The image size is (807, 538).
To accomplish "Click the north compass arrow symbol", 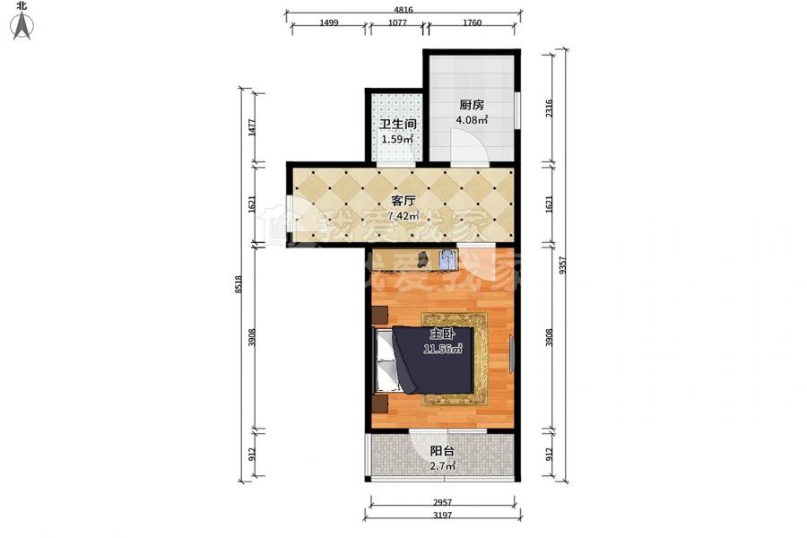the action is (22, 26).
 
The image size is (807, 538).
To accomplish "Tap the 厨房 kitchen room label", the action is (471, 105).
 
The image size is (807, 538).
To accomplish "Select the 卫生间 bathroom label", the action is (398, 124).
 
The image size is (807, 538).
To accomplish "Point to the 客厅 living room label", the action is (403, 201).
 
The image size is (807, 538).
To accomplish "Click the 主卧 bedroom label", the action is (442, 334).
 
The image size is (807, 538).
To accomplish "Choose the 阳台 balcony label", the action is (442, 451).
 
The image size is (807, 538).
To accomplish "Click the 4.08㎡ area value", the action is (472, 120).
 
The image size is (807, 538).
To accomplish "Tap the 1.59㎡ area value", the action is (397, 139).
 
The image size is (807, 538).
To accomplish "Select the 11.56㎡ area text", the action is (443, 349).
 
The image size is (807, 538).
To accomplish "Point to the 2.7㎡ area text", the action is (443, 466).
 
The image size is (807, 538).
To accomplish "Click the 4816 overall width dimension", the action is (403, 10).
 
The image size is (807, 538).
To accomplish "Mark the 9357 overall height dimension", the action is (562, 265).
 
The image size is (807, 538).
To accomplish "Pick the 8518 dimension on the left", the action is (238, 285).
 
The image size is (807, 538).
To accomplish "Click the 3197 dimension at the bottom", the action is (443, 516).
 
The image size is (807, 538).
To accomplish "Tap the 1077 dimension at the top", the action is (397, 22).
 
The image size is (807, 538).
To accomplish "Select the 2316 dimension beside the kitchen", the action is (549, 108).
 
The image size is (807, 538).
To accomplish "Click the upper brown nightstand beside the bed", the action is (380, 315).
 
